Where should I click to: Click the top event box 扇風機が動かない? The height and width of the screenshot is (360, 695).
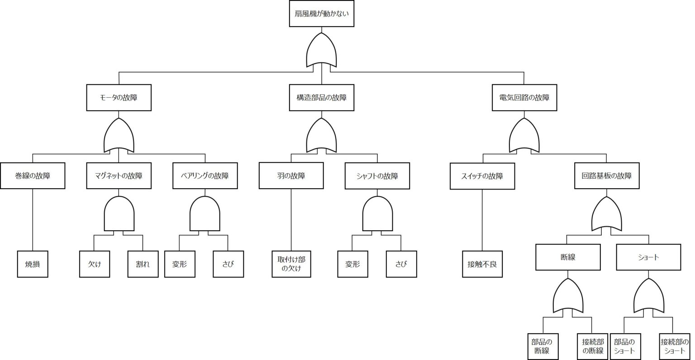[x=321, y=14]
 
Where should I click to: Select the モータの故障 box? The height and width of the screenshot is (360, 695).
[x=119, y=98]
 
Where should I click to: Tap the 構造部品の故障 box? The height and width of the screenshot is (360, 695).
[x=321, y=98]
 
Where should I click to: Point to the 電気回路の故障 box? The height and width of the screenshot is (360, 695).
[x=524, y=98]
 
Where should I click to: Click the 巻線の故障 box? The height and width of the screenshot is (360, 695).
[x=33, y=175]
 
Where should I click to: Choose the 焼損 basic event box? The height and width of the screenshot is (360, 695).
[x=33, y=264]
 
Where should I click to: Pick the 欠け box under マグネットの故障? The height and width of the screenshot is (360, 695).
[x=94, y=264]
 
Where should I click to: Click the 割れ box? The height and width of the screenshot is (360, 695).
[x=143, y=264]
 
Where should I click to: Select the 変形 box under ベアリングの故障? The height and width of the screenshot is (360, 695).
[x=180, y=264]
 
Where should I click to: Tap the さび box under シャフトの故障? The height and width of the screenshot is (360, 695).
[x=401, y=264]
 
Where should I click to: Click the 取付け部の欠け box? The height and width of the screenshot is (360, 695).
[x=291, y=264]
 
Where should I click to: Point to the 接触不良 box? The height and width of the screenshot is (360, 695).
[x=482, y=264]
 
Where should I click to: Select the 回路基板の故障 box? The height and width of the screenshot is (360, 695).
[x=606, y=175]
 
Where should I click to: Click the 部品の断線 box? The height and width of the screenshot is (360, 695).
[x=542, y=346]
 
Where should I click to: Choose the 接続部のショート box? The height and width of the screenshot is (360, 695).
[x=674, y=346]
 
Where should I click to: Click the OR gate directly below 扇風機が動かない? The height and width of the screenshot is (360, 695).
[x=321, y=50]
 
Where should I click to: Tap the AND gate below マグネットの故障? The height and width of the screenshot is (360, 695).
[x=119, y=215]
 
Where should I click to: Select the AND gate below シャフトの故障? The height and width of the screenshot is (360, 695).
[x=377, y=215]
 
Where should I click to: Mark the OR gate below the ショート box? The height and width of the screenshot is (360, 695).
[x=649, y=296]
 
